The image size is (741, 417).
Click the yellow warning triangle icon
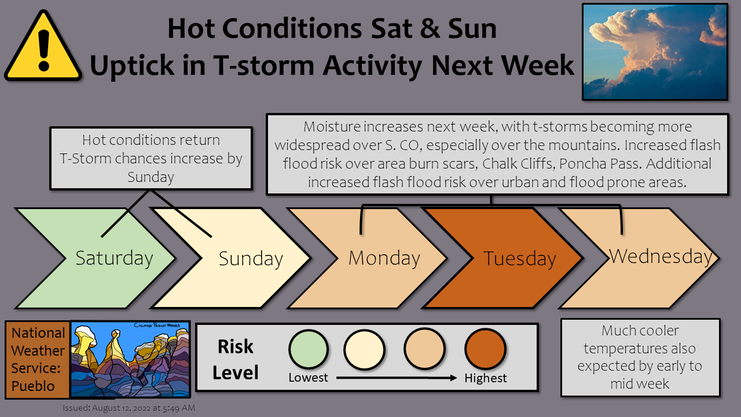[x=43, y=46]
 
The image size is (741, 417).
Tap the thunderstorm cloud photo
[x=655, y=52]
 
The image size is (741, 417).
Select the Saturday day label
[x=114, y=258]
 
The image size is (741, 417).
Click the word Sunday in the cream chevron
[x=251, y=259]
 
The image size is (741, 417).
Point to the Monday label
[x=384, y=258]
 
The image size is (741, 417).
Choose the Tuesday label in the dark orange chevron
[x=520, y=259]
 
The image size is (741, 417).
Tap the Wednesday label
[x=661, y=257]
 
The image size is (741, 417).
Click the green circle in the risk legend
[x=309, y=349]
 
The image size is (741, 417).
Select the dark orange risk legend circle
[x=485, y=349]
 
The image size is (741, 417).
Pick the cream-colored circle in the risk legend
[x=364, y=349]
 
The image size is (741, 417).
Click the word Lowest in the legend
[x=308, y=378]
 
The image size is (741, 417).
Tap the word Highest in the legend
[x=485, y=378]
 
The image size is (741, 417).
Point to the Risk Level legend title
[x=235, y=360]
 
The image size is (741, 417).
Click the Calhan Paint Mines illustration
[x=130, y=360]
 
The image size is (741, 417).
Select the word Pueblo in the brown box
[x=33, y=386]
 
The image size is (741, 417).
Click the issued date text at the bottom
[x=129, y=408]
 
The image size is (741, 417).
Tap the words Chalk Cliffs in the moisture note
[x=518, y=163]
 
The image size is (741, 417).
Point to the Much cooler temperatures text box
[x=640, y=357]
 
